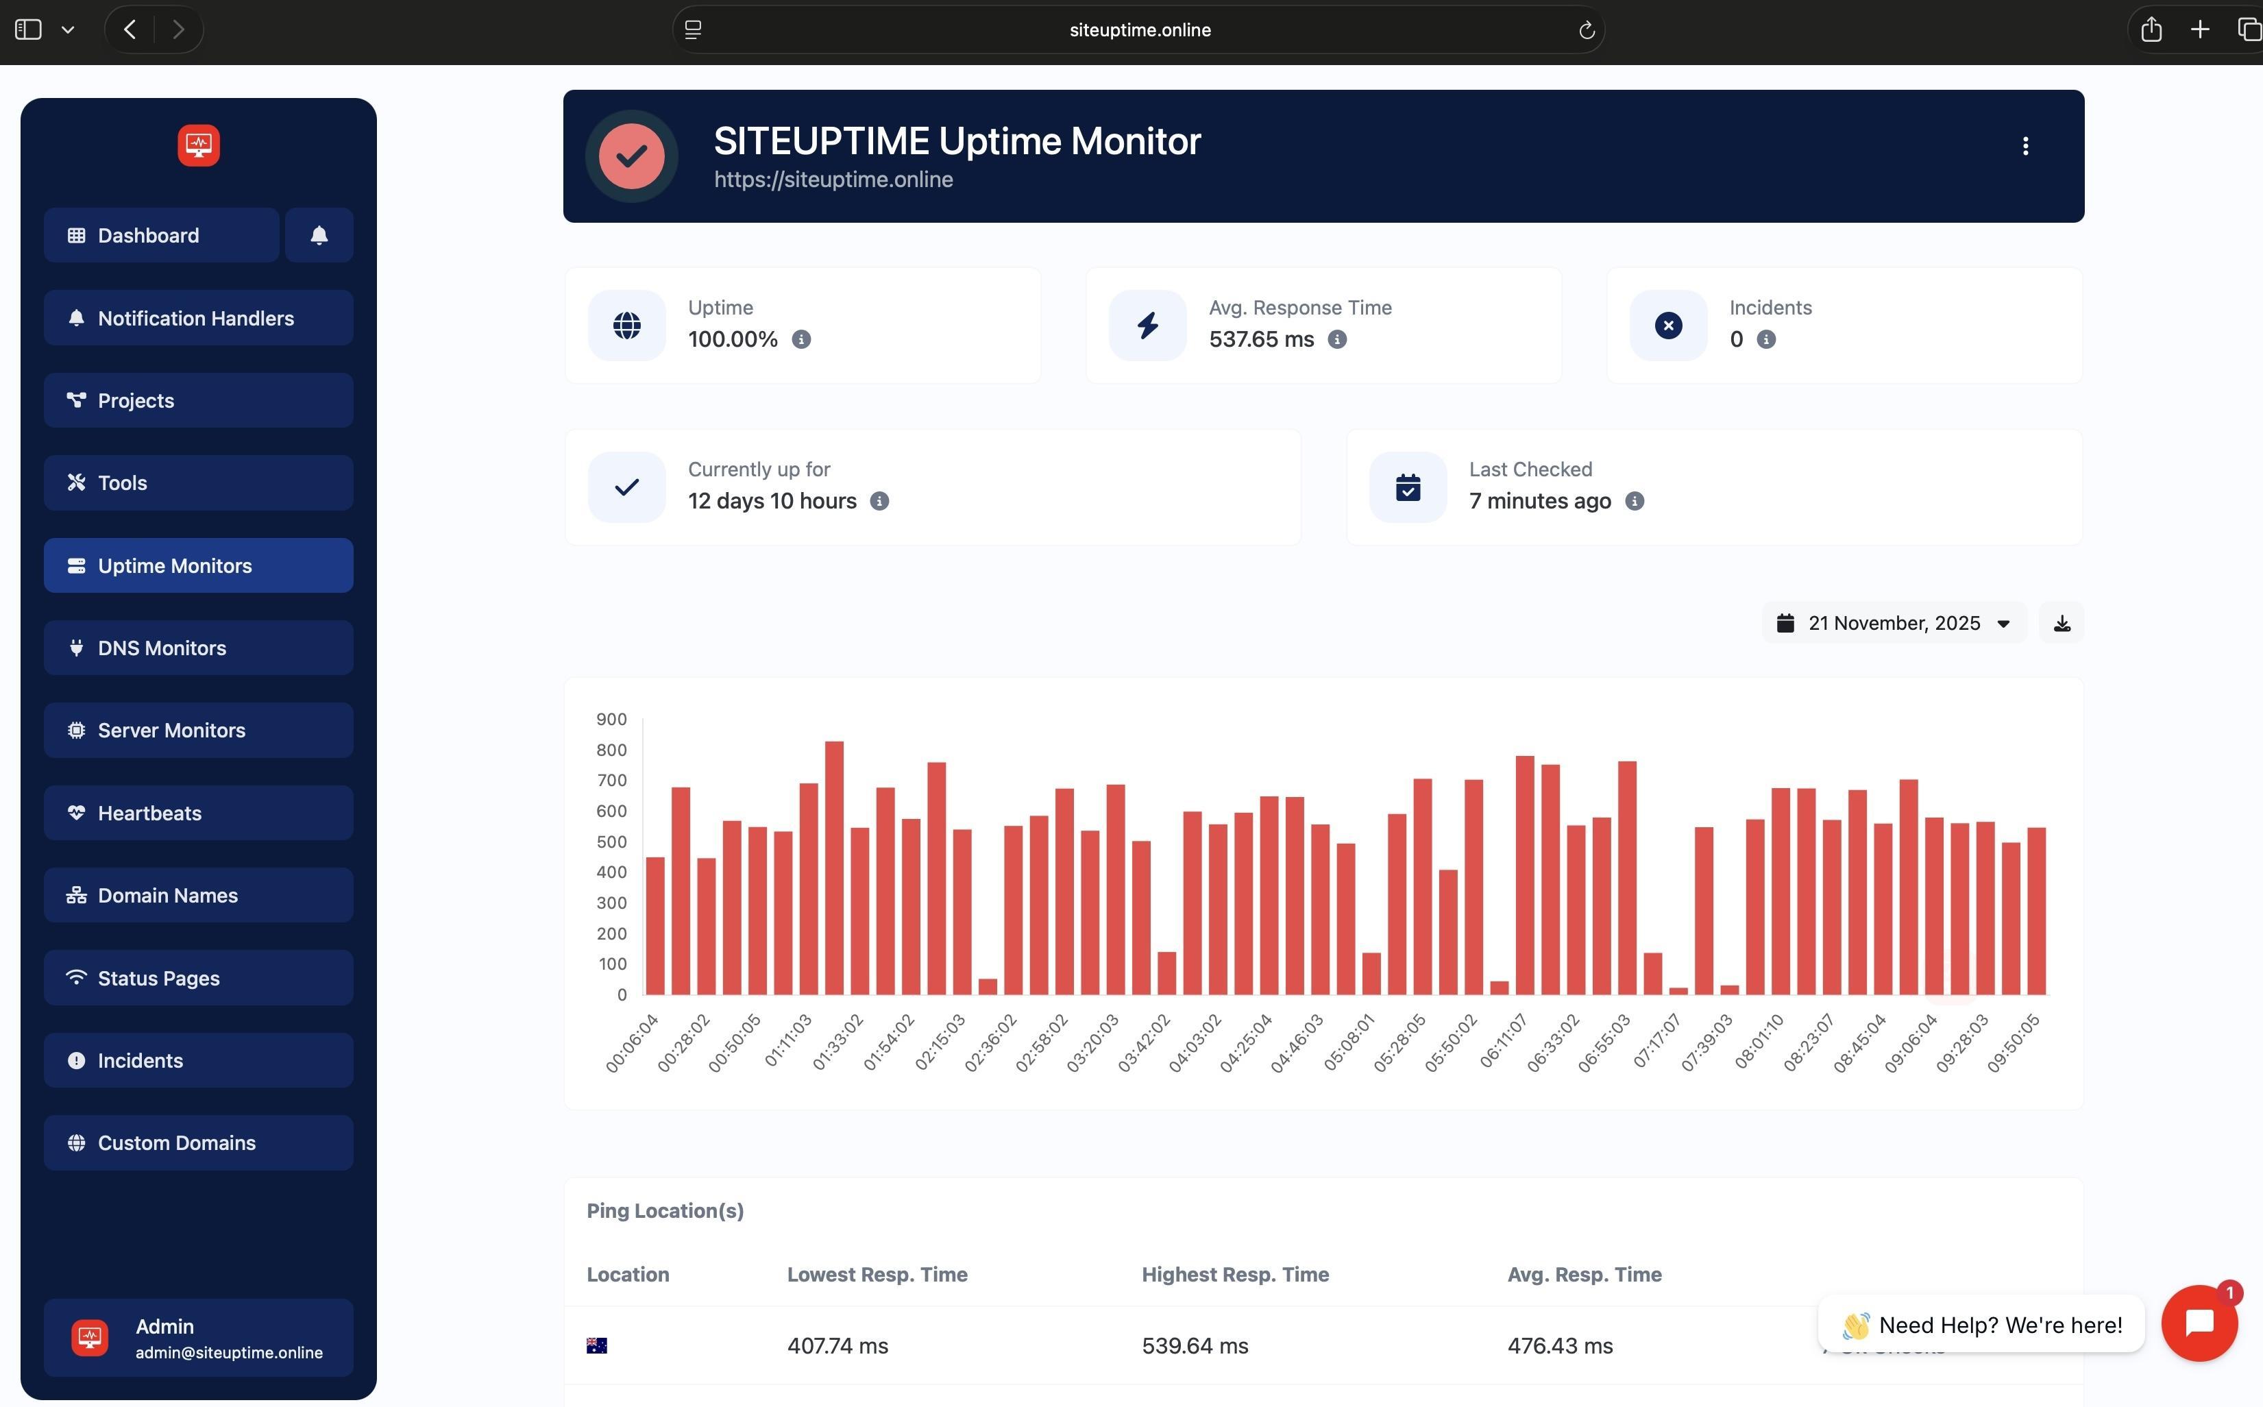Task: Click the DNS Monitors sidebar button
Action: (197, 648)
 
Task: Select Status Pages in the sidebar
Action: (197, 978)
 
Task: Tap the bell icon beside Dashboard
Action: (319, 236)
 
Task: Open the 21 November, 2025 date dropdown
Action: (1894, 624)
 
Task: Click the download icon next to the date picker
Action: (2062, 624)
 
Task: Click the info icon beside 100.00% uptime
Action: (801, 340)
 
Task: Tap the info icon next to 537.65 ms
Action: (1337, 340)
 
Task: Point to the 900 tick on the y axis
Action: (611, 720)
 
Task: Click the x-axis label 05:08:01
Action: (1349, 1042)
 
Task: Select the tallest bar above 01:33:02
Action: (835, 867)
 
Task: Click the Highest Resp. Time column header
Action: (1235, 1275)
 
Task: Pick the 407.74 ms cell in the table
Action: (837, 1345)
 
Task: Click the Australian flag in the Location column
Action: (596, 1345)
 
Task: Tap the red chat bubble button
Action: (2199, 1322)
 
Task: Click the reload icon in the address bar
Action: (1587, 29)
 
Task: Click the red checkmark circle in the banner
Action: (632, 156)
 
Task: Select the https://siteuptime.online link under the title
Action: (833, 180)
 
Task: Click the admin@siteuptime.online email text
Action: (229, 1353)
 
